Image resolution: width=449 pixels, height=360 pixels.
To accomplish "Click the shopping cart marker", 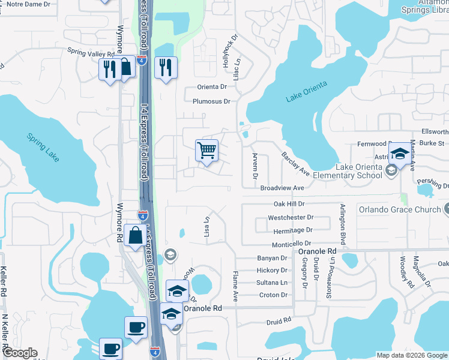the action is [x=206, y=151].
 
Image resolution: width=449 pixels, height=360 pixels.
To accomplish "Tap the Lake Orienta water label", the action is [x=307, y=92].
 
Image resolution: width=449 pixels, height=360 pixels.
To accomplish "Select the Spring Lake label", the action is [x=43, y=147].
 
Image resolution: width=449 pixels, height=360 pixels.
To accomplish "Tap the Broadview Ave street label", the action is [x=283, y=188].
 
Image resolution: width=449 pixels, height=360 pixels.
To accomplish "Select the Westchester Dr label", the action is [x=291, y=217].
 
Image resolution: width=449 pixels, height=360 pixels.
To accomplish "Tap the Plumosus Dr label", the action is [x=211, y=101].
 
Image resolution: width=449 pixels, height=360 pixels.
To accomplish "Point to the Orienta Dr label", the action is [x=214, y=87].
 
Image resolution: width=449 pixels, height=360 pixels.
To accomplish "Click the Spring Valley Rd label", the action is [x=90, y=53].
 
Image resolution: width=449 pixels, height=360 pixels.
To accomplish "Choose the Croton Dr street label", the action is [x=273, y=295].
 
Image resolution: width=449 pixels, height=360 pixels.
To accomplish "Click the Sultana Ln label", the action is [x=272, y=282].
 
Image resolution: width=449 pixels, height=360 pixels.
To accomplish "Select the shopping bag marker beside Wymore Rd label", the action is [x=136, y=236].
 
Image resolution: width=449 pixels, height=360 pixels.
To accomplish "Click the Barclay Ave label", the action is [x=295, y=163].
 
